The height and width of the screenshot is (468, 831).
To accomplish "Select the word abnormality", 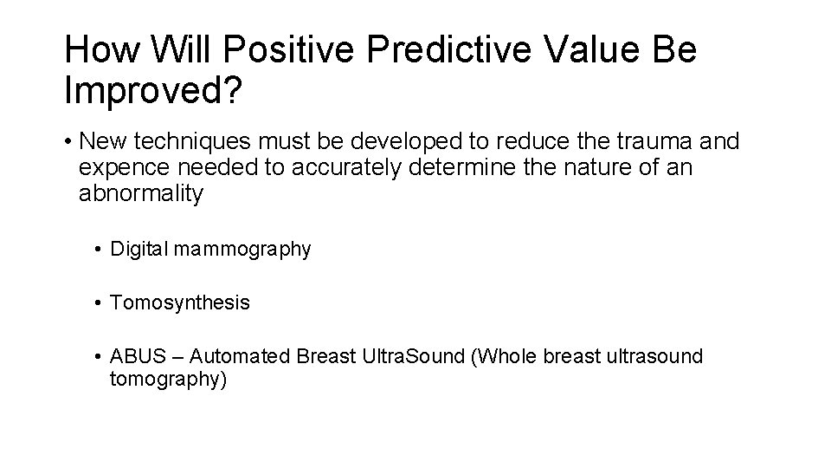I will [x=141, y=192].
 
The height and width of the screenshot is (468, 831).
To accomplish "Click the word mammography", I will [x=243, y=250].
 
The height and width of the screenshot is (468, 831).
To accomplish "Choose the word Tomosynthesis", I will [x=180, y=303].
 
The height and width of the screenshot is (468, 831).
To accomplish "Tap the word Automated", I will [x=238, y=357].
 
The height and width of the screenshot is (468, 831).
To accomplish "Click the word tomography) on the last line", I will [x=168, y=379].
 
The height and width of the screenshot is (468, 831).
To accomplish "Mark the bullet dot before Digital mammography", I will [x=100, y=250].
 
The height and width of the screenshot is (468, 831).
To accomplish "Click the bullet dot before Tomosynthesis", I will [x=100, y=304].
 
